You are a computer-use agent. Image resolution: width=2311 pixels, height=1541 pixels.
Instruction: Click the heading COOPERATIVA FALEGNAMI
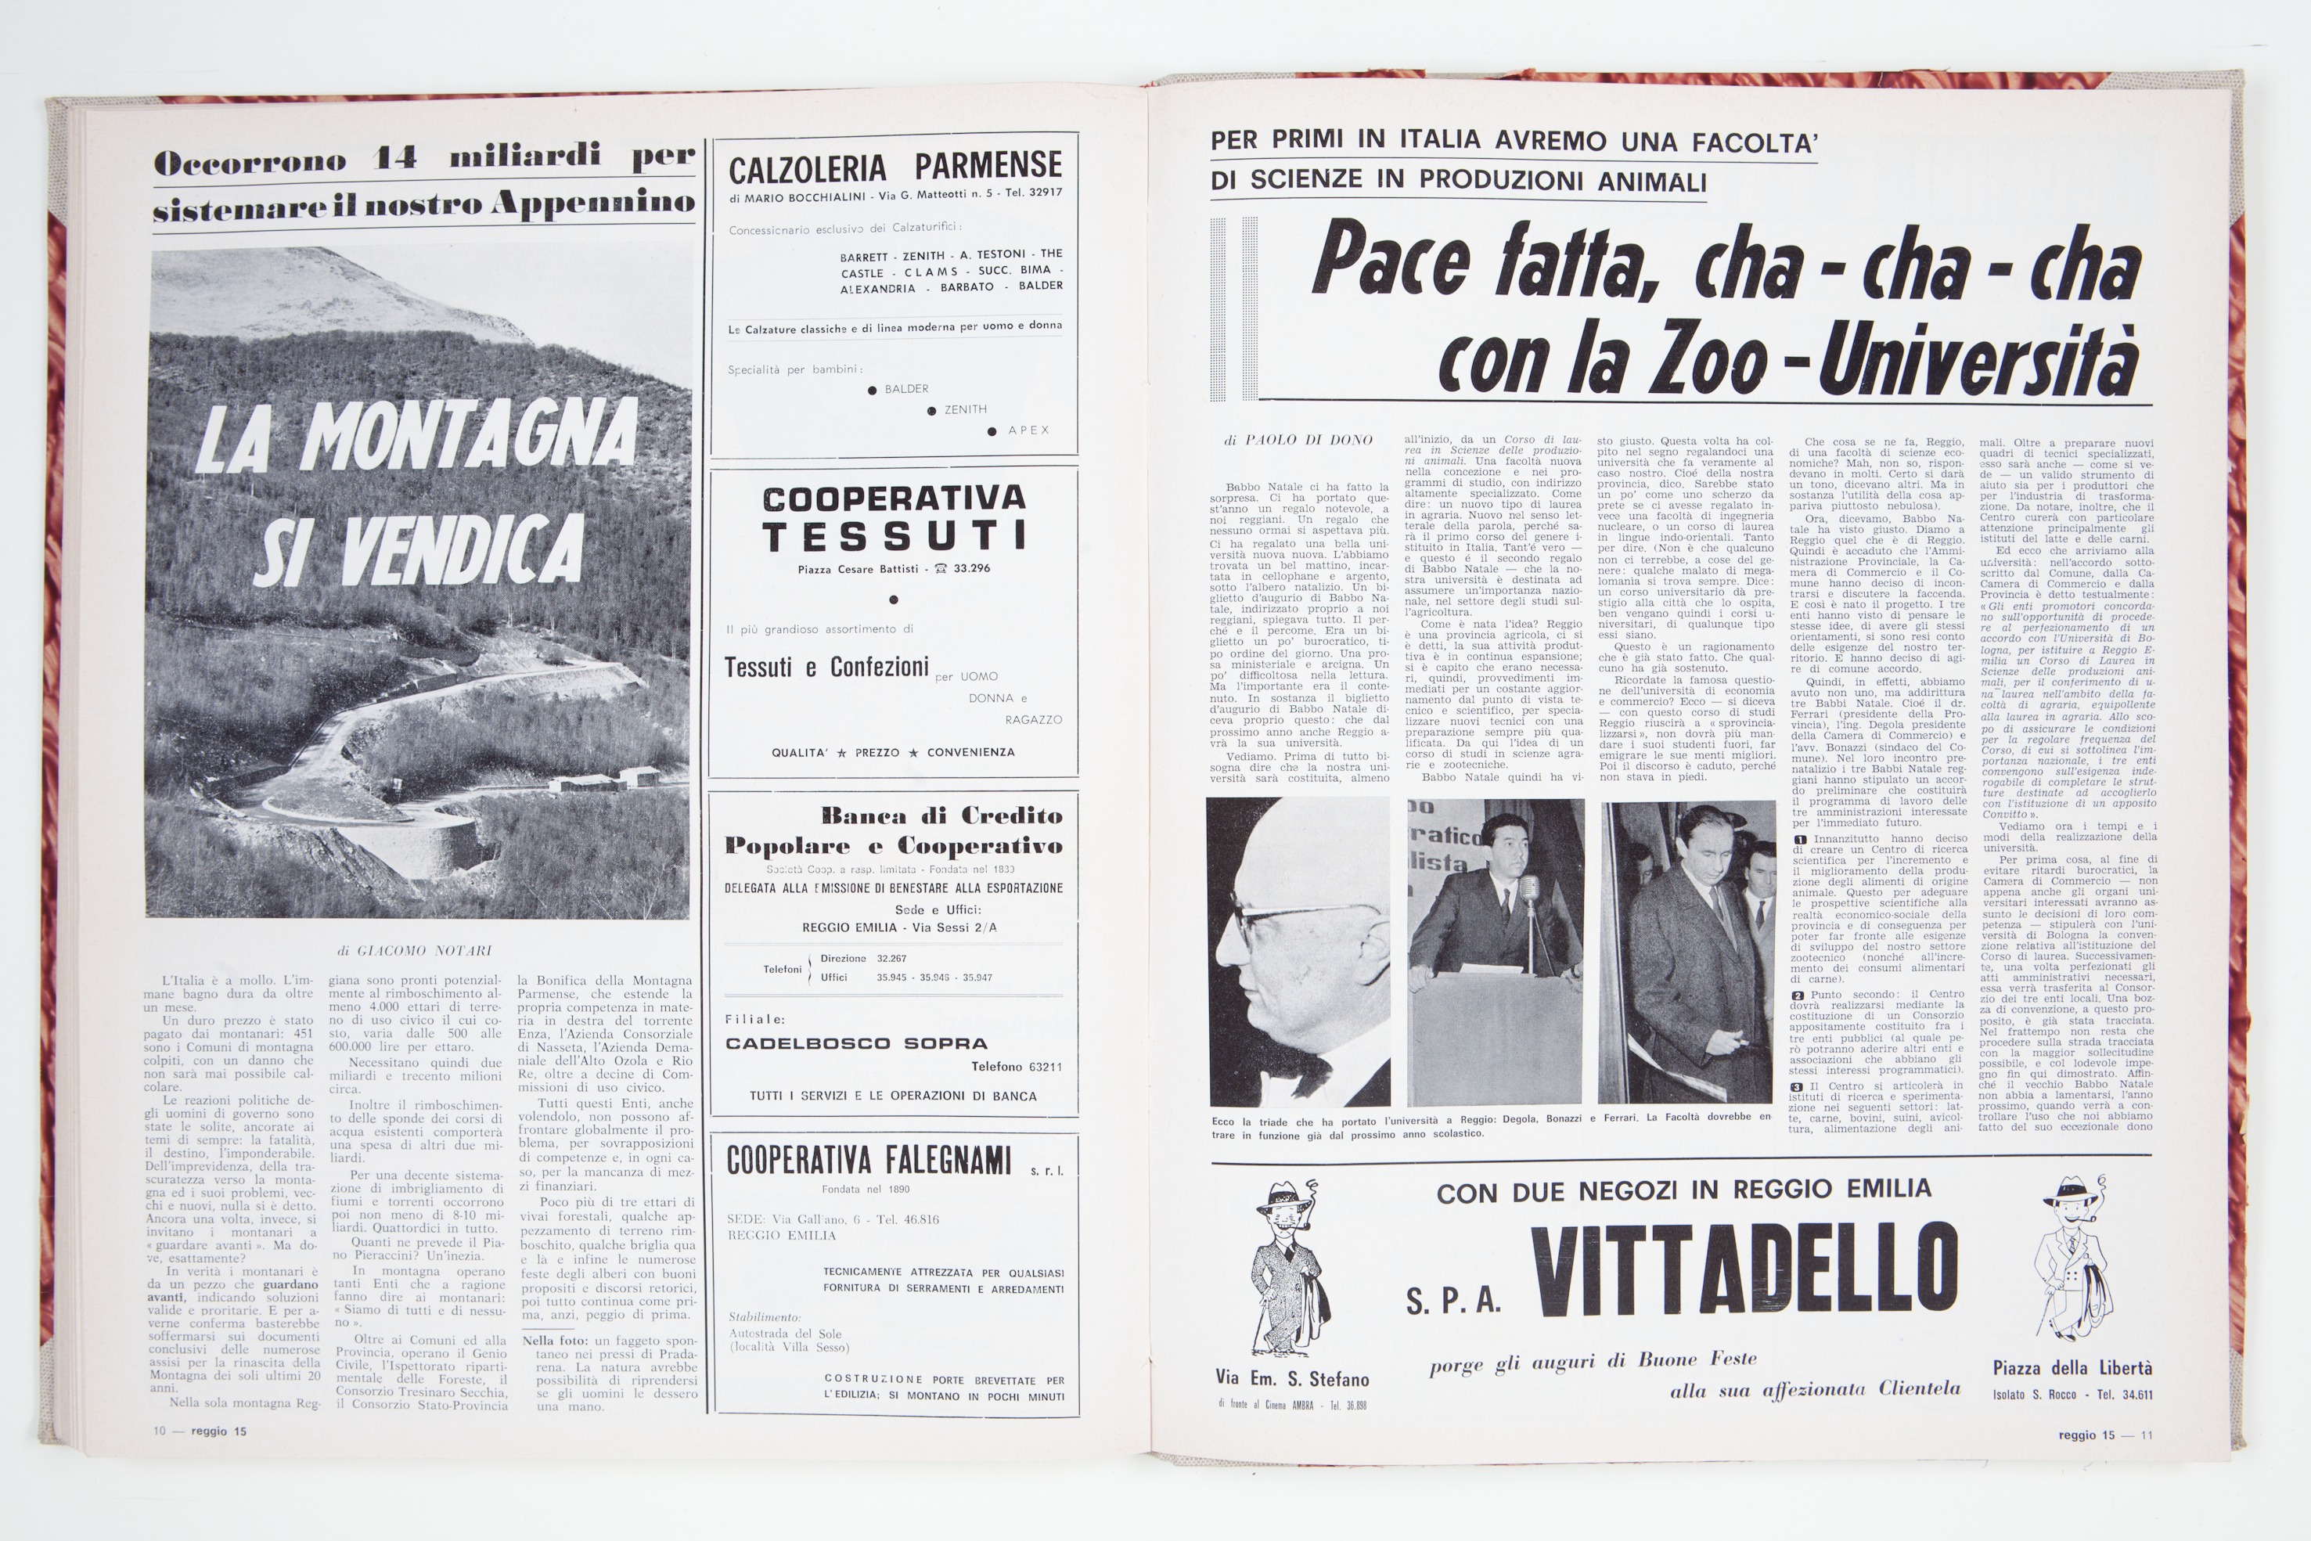(x=869, y=1161)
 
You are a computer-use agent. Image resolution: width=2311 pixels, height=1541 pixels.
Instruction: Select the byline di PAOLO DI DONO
(x=1298, y=441)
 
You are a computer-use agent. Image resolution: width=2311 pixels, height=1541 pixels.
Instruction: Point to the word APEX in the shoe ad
(x=1029, y=430)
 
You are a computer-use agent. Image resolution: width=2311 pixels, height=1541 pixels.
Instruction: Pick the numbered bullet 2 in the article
(x=1798, y=995)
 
